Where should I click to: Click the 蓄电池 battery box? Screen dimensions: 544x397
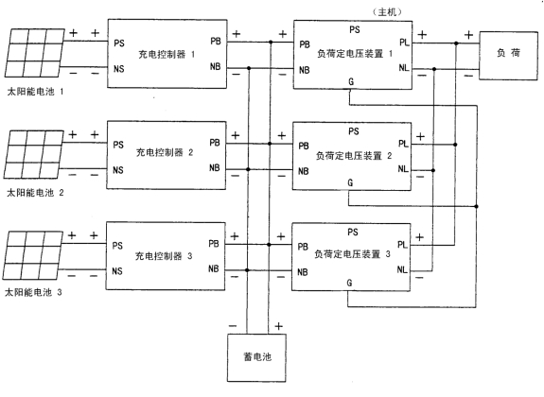[256, 358]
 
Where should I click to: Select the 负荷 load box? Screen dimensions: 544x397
[509, 56]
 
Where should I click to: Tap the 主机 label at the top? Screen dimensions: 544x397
[387, 12]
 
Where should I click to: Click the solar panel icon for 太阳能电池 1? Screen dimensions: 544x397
[35, 53]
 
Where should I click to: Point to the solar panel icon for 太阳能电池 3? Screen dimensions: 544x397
[33, 255]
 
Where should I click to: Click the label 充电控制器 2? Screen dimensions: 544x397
[165, 152]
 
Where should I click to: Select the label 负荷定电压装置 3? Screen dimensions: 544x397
[353, 254]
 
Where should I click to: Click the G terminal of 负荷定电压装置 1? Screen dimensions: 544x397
[351, 81]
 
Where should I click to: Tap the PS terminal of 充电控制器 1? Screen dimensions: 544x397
[119, 43]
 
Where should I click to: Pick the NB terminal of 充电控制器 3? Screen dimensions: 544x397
[214, 268]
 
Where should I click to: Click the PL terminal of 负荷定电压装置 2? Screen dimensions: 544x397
[403, 143]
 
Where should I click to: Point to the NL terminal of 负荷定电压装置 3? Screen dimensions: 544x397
[402, 269]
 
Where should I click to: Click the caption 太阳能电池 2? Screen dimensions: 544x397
[35, 193]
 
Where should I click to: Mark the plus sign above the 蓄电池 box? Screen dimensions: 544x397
[278, 326]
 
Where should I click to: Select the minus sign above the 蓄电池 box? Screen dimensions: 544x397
[233, 326]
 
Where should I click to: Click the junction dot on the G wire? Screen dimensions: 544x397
[476, 206]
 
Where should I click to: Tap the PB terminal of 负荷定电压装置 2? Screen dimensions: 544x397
[304, 146]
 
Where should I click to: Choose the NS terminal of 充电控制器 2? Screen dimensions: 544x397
[118, 170]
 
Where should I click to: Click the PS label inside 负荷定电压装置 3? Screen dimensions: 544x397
[353, 232]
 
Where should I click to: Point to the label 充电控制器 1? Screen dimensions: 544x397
[167, 55]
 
